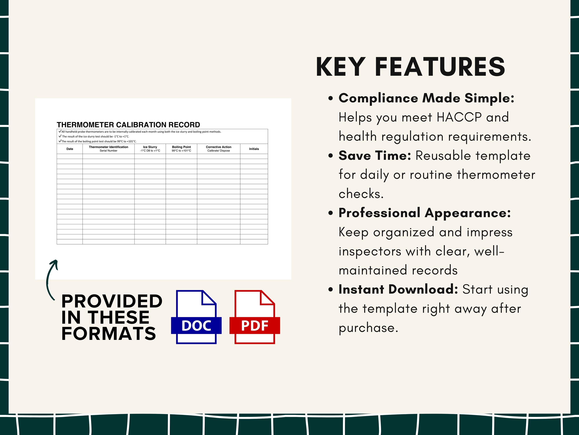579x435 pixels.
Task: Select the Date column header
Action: click(x=70, y=149)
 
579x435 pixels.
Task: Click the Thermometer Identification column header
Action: click(x=108, y=149)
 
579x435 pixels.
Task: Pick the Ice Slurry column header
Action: click(x=150, y=149)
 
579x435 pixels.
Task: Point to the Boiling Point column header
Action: click(x=181, y=149)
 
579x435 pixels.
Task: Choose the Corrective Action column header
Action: click(x=218, y=149)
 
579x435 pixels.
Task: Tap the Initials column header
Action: click(x=254, y=149)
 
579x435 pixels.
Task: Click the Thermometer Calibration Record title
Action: click(x=128, y=125)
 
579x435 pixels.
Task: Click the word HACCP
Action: click(x=459, y=117)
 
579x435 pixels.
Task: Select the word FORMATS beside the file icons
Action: click(x=109, y=333)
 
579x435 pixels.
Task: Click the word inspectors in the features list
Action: click(x=370, y=251)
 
